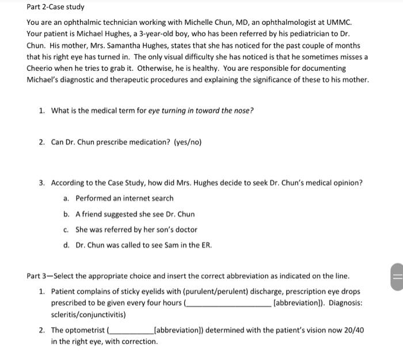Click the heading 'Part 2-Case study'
(x=55, y=7)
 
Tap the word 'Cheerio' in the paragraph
(x=42, y=69)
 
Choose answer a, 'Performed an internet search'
(x=124, y=198)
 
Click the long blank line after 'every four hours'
(x=227, y=304)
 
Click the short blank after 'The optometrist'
(x=129, y=331)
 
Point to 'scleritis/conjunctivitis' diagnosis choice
(x=88, y=315)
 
